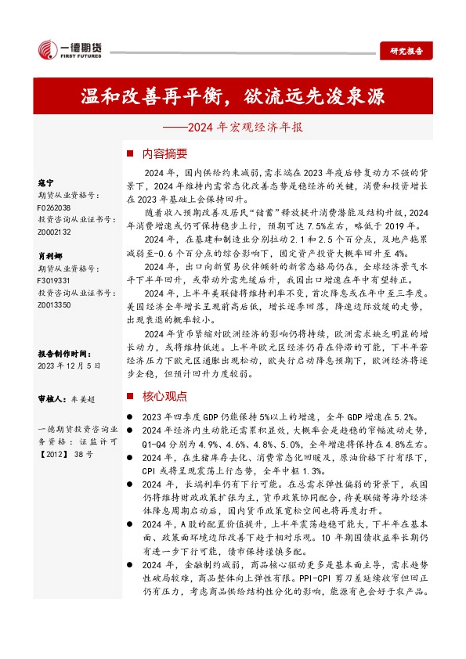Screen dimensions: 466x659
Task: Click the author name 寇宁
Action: (45, 182)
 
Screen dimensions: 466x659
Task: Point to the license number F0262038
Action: (54, 209)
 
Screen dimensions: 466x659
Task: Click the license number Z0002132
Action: (54, 232)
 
